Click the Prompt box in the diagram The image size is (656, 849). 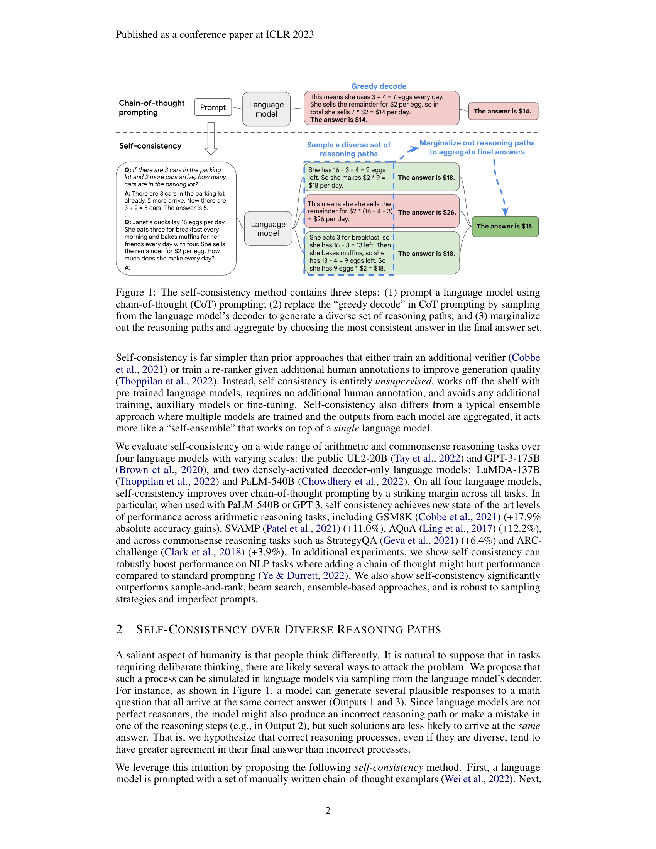point(213,107)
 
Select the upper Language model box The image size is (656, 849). point(266,109)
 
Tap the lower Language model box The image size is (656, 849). point(268,228)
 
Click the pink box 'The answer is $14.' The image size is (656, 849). point(502,111)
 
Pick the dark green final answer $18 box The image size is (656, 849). point(505,226)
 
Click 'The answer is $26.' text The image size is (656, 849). point(427,212)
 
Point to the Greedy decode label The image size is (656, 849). point(379,86)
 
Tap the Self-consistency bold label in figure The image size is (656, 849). point(150,146)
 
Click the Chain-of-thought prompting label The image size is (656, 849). point(152,108)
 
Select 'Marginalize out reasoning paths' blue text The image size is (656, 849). point(477,143)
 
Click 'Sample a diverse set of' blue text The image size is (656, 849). point(348,145)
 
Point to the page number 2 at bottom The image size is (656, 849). point(328,810)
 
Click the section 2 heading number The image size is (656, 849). point(119,629)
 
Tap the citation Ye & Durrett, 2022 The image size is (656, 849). point(303,575)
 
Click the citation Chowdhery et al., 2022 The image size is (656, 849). point(352,481)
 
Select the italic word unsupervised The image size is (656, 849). point(403,381)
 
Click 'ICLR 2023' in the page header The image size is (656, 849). point(289,35)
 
